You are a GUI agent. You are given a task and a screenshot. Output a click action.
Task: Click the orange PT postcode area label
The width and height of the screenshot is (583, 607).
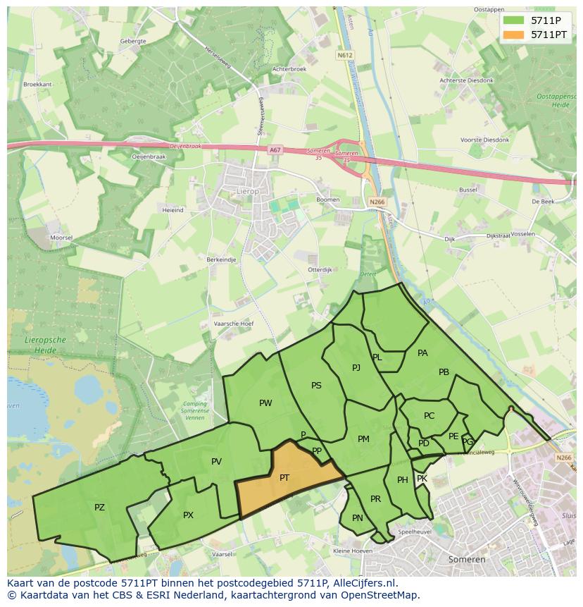tap(284, 477)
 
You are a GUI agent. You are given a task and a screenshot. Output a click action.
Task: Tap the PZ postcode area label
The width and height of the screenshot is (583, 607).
tap(99, 507)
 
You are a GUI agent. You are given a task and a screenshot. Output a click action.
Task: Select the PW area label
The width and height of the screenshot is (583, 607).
tap(265, 403)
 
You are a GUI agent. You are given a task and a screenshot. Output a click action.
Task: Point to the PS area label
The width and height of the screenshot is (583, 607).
tap(316, 385)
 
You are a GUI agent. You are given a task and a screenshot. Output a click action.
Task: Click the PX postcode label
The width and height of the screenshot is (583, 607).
tap(188, 515)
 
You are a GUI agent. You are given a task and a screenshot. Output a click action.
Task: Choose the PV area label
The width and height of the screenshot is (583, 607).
tap(216, 462)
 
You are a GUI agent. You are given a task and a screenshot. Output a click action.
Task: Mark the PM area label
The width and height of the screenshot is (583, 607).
tap(363, 439)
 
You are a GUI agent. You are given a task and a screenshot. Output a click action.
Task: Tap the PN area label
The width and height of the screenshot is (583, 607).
tap(358, 518)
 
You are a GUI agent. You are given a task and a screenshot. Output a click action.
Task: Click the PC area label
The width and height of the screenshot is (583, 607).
tap(430, 415)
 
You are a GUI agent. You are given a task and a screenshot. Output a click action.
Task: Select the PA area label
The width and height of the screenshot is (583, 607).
tap(422, 352)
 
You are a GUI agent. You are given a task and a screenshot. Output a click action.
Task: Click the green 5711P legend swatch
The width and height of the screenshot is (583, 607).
tap(513, 20)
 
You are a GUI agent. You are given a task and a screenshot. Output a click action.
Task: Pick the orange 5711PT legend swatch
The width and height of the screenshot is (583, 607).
tap(513, 34)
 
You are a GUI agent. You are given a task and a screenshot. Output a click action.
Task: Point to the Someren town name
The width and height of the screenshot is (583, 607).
tap(467, 559)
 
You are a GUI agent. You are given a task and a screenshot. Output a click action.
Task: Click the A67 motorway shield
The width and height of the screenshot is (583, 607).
tap(274, 149)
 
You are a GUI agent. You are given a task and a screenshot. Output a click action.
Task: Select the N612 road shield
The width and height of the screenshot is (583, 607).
tap(344, 54)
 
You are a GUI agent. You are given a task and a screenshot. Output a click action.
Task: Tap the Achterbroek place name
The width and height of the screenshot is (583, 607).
tap(289, 69)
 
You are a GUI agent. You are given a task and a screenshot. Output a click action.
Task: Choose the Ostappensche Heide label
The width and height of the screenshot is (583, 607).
tap(557, 99)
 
